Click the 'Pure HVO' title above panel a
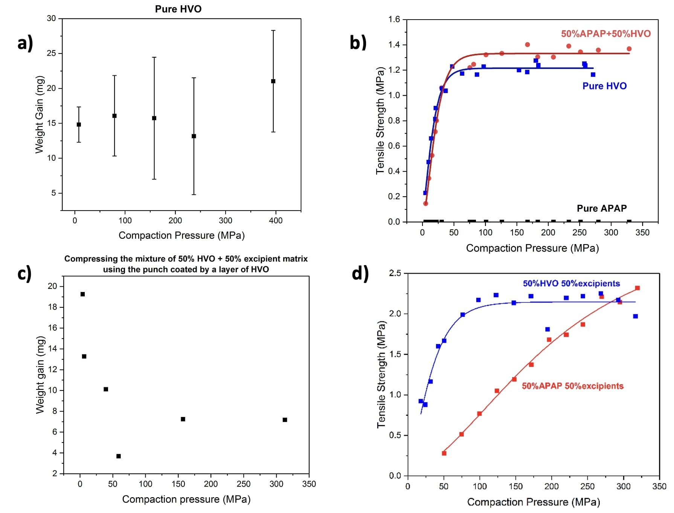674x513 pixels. [178, 9]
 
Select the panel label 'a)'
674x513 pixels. [25, 43]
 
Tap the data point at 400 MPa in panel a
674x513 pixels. [273, 81]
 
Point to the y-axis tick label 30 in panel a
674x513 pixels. [51, 18]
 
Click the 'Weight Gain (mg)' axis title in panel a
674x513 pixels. [40, 115]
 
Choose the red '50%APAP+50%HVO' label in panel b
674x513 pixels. [606, 34]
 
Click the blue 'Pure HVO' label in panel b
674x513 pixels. [604, 86]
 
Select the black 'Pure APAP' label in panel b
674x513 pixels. [602, 208]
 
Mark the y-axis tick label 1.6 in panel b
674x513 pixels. [394, 19]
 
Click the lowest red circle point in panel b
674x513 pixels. [426, 203]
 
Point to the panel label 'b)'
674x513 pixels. [358, 43]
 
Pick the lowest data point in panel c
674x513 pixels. [119, 456]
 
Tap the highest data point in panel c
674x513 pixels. [83, 294]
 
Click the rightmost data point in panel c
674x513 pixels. [285, 420]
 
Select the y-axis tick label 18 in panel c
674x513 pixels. [53, 307]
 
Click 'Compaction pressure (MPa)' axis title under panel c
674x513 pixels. [186, 499]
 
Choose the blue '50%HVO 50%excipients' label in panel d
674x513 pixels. [571, 283]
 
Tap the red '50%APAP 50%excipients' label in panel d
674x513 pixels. [572, 386]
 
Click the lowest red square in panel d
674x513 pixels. [444, 453]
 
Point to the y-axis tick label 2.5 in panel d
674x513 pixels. [395, 273]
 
